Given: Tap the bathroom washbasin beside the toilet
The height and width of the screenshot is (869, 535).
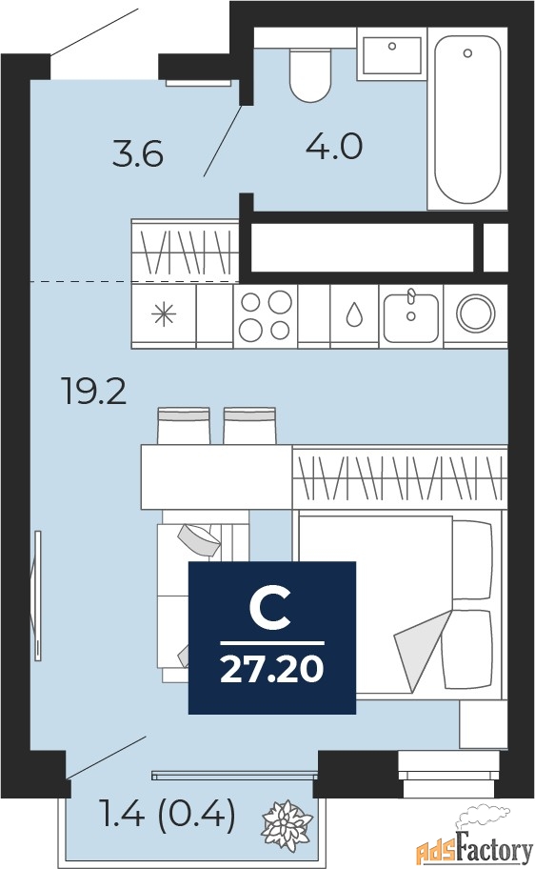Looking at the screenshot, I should point(391,55).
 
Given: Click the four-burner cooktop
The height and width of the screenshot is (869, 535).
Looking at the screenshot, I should point(265,316).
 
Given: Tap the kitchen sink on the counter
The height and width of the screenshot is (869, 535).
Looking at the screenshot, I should point(411,316).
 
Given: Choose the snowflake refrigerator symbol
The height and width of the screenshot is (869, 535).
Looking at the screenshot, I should point(164,315).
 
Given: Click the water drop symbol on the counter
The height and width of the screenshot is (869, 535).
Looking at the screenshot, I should point(354,315).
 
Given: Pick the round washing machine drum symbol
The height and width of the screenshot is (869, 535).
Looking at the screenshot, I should point(474,314).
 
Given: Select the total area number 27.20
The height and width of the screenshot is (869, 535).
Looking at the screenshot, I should point(271,669).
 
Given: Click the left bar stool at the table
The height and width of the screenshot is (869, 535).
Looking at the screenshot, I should point(184,426).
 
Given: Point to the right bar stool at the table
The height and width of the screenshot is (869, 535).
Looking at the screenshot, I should point(249,426).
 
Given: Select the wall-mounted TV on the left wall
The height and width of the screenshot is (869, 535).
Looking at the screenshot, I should point(37,595).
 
